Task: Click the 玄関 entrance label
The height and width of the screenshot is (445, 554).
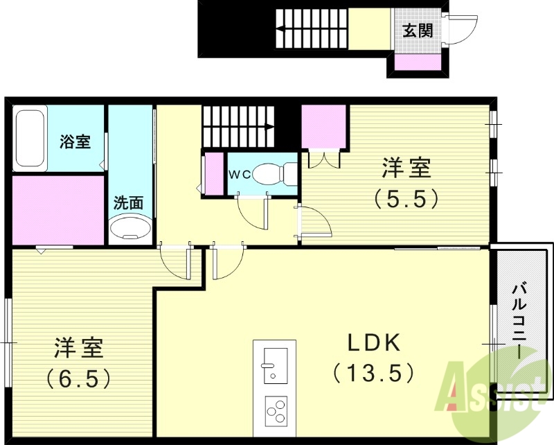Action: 418,30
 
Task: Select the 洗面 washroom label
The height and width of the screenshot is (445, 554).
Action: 128,203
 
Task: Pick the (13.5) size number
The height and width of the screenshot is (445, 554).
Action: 374,374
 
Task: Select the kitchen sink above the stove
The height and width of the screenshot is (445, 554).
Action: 275,362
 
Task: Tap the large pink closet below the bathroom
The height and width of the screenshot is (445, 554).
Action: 57,209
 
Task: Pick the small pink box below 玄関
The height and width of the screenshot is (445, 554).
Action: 418,63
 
